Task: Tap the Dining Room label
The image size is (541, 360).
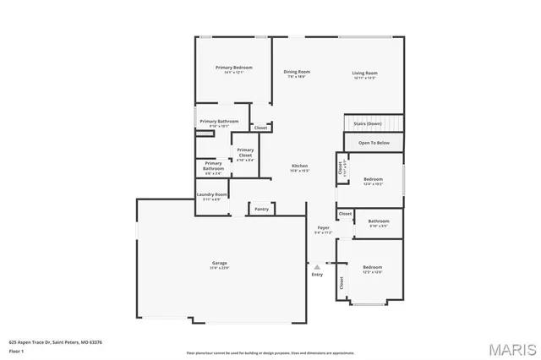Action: coord(297,72)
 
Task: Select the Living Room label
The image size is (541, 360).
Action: coord(365,73)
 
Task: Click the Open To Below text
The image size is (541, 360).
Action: coord(374,144)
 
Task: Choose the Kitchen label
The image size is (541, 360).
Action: coord(300,166)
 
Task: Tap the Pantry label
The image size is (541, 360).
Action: coord(261,208)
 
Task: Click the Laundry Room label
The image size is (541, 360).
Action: coord(212,194)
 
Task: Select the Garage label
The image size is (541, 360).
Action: coord(220,264)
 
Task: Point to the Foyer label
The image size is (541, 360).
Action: coord(323,228)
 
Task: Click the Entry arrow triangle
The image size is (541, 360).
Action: coord(317,266)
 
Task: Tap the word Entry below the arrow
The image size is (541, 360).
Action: coord(317,274)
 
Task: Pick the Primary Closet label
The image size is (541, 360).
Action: coord(245,154)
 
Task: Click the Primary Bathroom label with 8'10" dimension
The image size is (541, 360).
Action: coord(219,122)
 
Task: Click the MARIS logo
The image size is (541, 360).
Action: coord(510,348)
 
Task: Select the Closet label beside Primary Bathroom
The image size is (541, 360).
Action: coord(261,128)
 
